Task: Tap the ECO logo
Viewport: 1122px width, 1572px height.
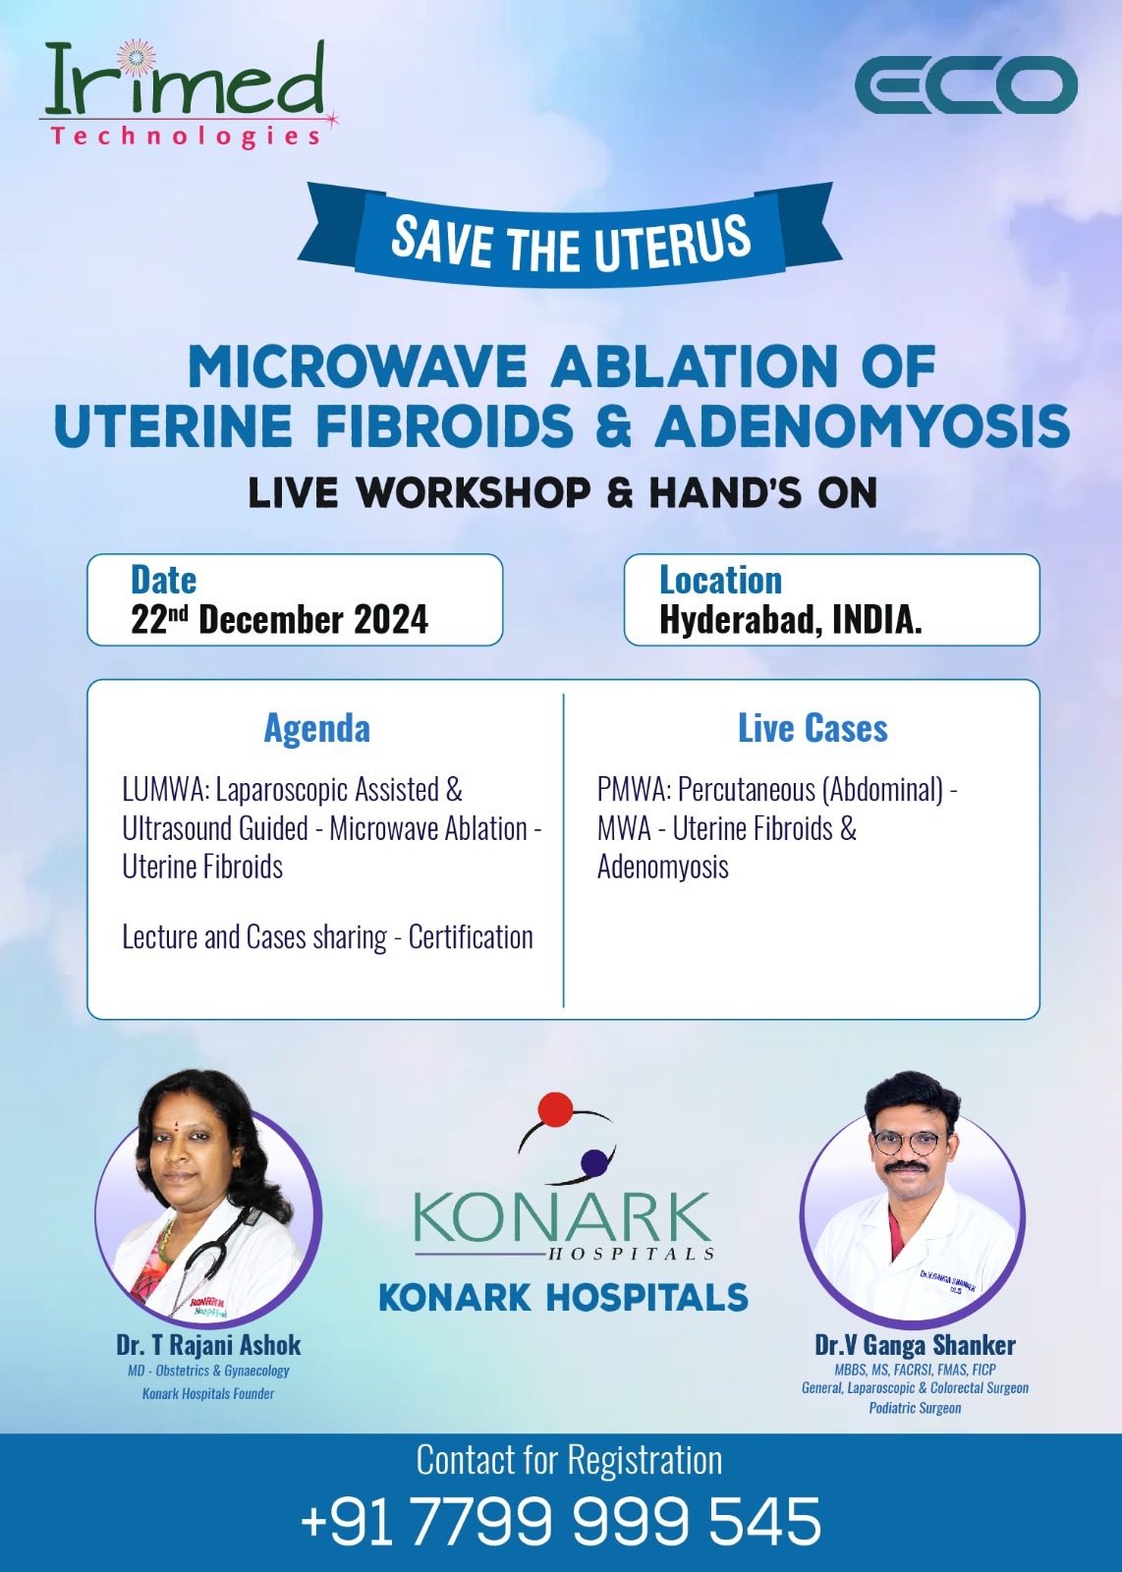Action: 966,84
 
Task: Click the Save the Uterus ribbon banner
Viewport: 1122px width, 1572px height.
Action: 570,236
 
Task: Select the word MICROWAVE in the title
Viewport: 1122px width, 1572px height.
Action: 358,366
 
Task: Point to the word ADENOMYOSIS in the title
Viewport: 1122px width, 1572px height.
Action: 863,425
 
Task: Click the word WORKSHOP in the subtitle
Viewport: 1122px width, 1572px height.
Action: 475,492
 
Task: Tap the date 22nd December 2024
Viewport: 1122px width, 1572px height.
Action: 279,620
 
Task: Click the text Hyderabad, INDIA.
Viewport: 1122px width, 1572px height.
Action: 790,620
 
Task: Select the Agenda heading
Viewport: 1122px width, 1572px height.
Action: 317,728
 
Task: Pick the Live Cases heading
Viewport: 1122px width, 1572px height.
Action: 813,728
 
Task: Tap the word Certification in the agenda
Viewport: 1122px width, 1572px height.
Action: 471,937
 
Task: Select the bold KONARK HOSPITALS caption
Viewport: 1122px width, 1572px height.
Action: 563,1297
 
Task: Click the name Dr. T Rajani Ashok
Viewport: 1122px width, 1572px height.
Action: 208,1345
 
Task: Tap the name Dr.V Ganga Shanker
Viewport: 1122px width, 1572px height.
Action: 915,1345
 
